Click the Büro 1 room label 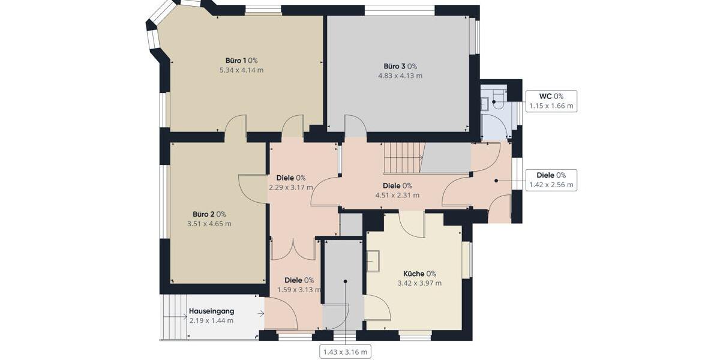tap(241, 61)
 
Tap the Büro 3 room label tap(400, 66)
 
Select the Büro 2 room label tap(209, 214)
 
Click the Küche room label tap(419, 274)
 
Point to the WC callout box tap(551, 101)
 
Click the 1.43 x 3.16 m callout tap(345, 351)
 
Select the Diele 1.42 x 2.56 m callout tap(551, 180)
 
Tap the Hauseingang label tap(211, 311)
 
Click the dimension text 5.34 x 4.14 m tap(241, 70)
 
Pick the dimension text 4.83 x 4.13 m tap(400, 76)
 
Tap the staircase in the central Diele tap(403, 157)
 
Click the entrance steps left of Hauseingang tap(173, 317)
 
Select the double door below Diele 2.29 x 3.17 tap(293, 249)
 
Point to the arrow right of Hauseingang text tap(260, 313)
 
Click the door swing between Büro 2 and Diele tap(252, 188)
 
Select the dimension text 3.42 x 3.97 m tap(419, 283)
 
